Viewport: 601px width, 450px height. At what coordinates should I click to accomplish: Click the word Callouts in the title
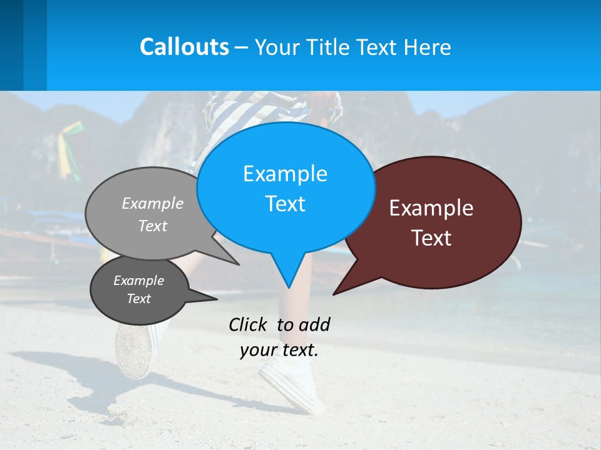point(184,47)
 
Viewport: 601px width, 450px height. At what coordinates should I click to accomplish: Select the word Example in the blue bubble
point(285,174)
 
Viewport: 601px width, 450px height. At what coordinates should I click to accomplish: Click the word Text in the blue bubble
point(285,204)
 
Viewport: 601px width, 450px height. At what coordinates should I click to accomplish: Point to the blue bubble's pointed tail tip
point(289,287)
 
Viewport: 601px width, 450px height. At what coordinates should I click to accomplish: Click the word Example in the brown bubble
point(431,208)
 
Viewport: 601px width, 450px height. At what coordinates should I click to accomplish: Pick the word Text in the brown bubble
point(431,238)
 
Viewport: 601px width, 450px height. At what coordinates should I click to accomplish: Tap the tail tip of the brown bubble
point(334,293)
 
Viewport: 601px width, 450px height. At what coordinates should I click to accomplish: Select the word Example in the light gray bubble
point(153,203)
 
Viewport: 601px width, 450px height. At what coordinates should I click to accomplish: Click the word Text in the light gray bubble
point(153,226)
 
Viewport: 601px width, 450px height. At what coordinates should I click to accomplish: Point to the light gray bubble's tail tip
point(238,264)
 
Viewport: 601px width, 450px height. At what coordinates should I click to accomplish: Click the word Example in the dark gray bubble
point(138,281)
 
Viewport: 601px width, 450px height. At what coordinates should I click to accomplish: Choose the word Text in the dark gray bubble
point(138,299)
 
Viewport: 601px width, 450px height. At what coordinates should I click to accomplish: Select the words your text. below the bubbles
point(279,350)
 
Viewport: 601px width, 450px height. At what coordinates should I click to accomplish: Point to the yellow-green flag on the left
point(68,147)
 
